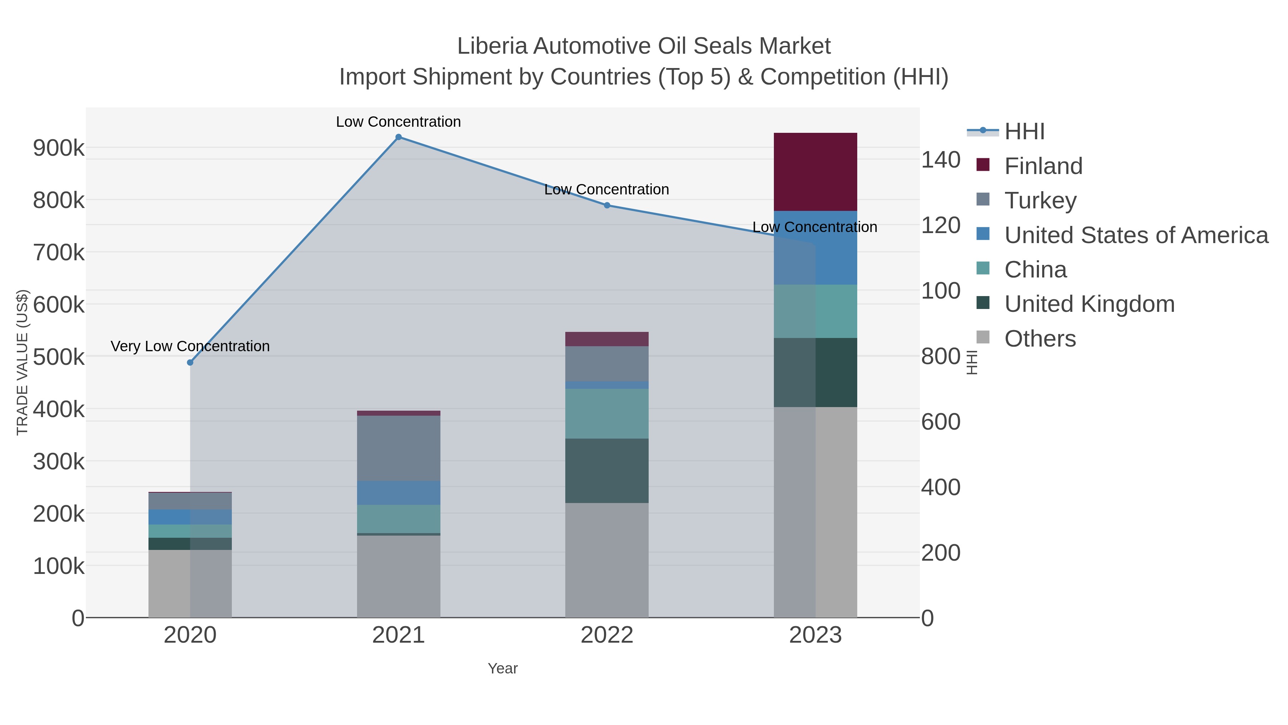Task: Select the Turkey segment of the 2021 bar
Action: pos(399,448)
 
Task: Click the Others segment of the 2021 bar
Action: pos(399,576)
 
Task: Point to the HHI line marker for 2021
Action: pos(399,137)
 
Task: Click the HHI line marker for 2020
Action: pos(190,362)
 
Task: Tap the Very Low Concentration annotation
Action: pos(190,346)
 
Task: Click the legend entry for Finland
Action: pos(1043,166)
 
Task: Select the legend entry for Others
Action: pos(1040,339)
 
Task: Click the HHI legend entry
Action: pos(1024,132)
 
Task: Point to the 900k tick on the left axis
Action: pos(59,148)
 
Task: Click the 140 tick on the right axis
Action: pos(941,160)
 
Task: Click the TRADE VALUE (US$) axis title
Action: pos(23,362)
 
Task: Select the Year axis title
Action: pos(503,668)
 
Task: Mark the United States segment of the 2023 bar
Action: pos(815,248)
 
